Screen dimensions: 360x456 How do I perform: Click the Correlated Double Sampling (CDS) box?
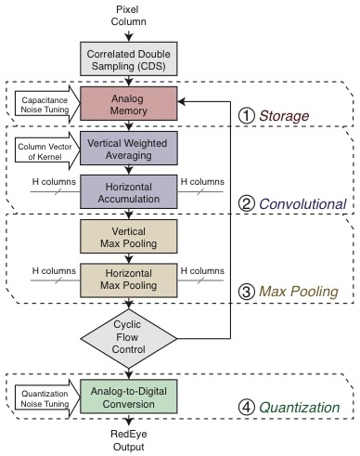pyautogui.click(x=129, y=59)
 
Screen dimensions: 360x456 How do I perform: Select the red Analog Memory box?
pyautogui.click(x=129, y=103)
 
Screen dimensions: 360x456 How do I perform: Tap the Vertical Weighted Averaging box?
pyautogui.click(x=129, y=148)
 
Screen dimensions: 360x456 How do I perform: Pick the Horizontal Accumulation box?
pyautogui.click(x=129, y=191)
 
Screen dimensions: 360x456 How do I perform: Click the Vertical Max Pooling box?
pyautogui.click(x=129, y=237)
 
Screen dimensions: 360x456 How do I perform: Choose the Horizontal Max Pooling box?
pyautogui.click(x=129, y=280)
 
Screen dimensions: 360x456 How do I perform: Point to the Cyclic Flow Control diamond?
pyautogui.click(x=129, y=338)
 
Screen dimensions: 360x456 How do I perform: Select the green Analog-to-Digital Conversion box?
pyautogui.click(x=129, y=397)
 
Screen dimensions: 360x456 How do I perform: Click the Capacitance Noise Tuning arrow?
pyautogui.click(x=47, y=104)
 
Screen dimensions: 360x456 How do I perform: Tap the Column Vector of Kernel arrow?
pyautogui.click(x=47, y=150)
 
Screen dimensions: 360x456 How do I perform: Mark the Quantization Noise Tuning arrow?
pyautogui.click(x=47, y=398)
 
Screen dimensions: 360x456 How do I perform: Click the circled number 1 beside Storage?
pyautogui.click(x=247, y=116)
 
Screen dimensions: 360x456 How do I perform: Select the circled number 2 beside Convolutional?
pyautogui.click(x=247, y=203)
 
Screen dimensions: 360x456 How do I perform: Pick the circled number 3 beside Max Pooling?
pyautogui.click(x=247, y=292)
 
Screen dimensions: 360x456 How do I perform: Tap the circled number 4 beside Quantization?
pyautogui.click(x=247, y=407)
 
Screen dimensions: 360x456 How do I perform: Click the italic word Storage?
pyautogui.click(x=284, y=116)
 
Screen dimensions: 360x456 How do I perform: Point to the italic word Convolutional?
pyautogui.click(x=302, y=204)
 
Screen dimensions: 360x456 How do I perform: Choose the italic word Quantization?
pyautogui.click(x=300, y=408)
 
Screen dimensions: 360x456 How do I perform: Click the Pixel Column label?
pyautogui.click(x=128, y=16)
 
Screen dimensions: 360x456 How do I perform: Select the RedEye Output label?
pyautogui.click(x=129, y=440)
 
